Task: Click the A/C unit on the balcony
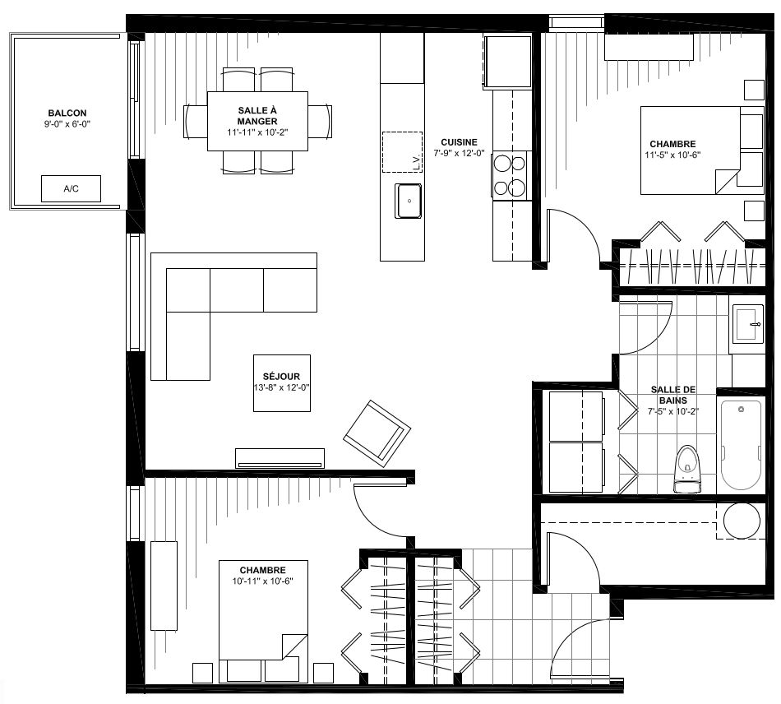[x=71, y=188]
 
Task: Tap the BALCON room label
[x=67, y=113]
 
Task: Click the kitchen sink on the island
[x=409, y=201]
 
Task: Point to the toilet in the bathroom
[x=687, y=469]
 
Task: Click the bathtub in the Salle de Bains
[x=742, y=445]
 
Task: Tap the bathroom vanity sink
[x=746, y=324]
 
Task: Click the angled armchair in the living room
[x=377, y=433]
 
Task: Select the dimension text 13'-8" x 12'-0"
[x=282, y=387]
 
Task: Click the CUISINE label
[x=459, y=142]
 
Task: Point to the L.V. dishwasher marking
[x=417, y=163]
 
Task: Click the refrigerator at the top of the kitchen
[x=506, y=62]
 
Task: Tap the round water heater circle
[x=742, y=521]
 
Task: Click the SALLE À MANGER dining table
[x=257, y=121]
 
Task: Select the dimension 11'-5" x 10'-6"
[x=672, y=155]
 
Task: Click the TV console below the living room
[x=280, y=458]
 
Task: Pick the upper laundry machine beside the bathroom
[x=575, y=416]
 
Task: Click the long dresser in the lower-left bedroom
[x=164, y=586]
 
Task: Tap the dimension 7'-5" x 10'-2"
[x=673, y=411]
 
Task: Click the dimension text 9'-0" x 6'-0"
[x=67, y=124]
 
